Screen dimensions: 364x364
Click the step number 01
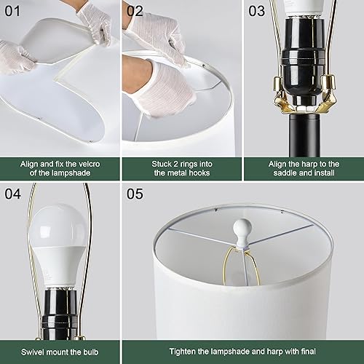[x=15, y=11]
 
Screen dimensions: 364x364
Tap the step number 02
[x=135, y=11]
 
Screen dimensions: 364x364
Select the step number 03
[x=257, y=11]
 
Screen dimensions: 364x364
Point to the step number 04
[x=15, y=194]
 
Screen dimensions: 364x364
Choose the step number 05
[x=135, y=194]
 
